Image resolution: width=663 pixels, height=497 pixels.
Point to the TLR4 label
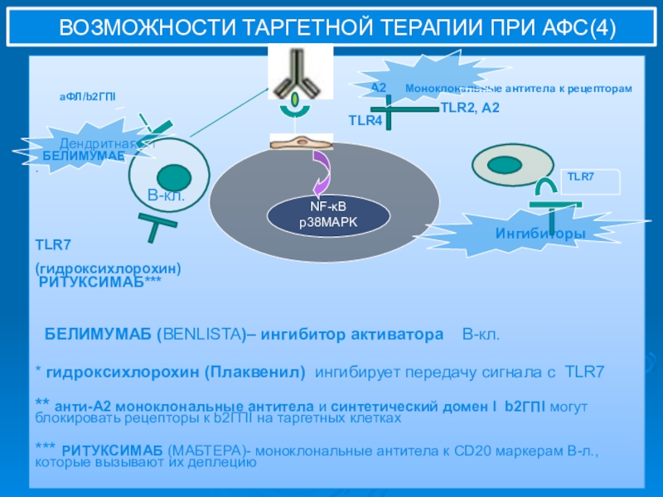point(365,121)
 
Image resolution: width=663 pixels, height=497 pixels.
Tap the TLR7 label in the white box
point(580,176)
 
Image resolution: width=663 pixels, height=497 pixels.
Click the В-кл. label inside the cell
point(166,196)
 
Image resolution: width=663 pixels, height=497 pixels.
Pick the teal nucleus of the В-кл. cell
point(174,176)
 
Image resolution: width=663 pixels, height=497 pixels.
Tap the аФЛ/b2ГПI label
point(87,97)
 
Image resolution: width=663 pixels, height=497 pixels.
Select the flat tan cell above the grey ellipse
point(296,142)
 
